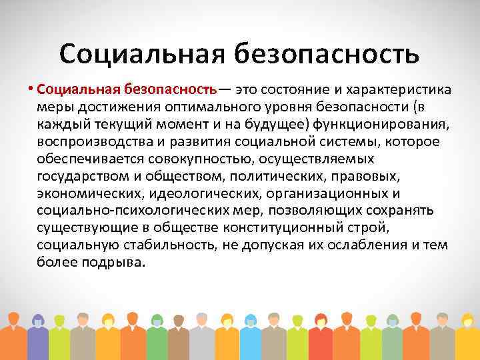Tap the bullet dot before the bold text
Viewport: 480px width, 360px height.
(31, 91)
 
